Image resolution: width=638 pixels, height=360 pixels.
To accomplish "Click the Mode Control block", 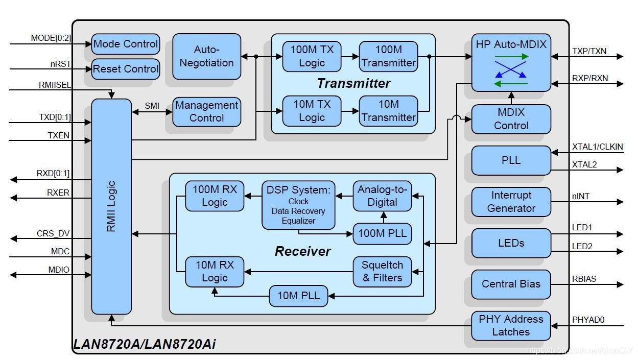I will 126,44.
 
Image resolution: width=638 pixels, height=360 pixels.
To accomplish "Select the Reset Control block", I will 126,69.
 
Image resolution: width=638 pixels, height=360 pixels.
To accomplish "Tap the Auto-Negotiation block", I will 206,56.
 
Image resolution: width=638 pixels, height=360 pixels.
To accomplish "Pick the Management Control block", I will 206,111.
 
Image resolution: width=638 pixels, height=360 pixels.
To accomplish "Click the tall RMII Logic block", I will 111,206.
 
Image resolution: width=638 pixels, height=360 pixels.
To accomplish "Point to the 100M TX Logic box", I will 312,56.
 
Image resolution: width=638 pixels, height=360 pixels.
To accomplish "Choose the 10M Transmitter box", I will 388,111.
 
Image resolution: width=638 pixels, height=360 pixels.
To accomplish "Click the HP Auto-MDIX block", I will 511,62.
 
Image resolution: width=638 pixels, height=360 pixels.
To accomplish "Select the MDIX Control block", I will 511,119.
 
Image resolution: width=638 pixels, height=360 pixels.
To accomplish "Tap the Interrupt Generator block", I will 511,202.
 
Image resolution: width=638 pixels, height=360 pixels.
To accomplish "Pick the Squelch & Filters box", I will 382,271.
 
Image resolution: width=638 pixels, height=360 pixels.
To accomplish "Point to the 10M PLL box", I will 298,295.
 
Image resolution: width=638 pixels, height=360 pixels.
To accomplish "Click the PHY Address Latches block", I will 511,325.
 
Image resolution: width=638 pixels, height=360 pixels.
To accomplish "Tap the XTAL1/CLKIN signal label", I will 597,147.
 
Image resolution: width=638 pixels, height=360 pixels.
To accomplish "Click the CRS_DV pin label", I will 53,234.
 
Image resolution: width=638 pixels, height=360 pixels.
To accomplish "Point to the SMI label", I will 152,106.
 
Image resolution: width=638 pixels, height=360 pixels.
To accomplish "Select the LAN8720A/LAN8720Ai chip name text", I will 145,344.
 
